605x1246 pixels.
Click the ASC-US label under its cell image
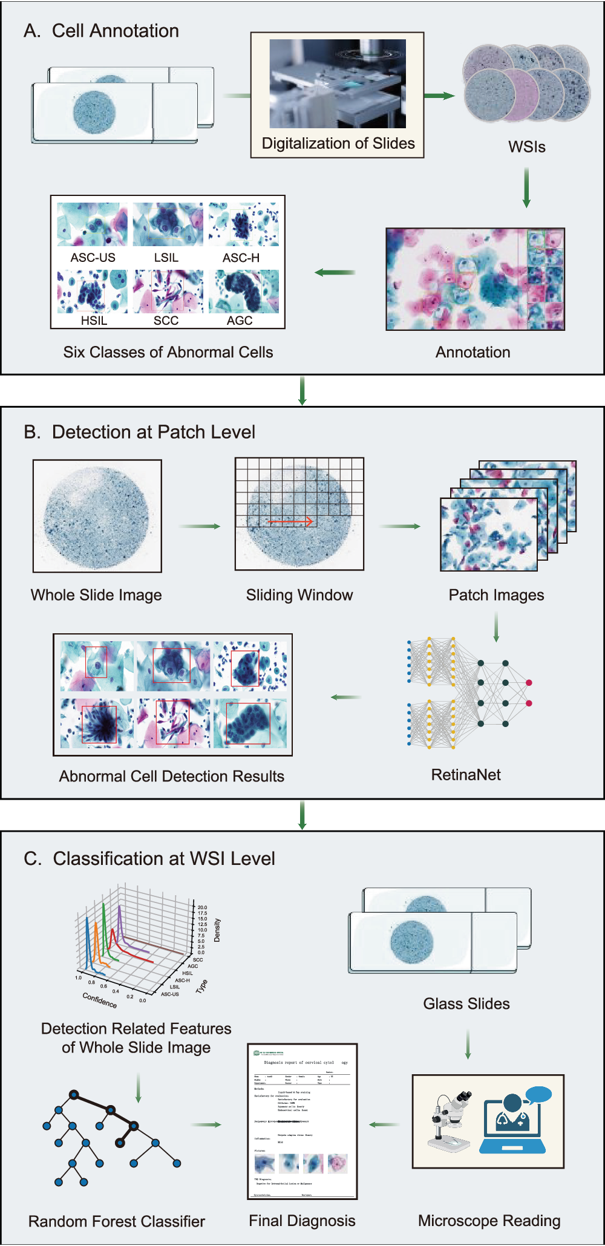pos(93,258)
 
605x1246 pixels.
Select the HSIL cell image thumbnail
pos(93,291)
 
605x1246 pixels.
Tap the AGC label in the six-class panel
pos(240,321)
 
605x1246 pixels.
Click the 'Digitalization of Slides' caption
pos(338,143)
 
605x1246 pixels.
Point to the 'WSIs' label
pos(527,147)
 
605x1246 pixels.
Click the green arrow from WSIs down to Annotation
pos(526,187)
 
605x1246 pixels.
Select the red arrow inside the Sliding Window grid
pos(290,521)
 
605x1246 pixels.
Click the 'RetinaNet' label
pos(466,775)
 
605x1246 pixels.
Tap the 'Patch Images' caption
pos(496,595)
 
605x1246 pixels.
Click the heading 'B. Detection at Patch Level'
pos(139,432)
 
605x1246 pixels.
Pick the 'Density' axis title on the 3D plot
pos(217,930)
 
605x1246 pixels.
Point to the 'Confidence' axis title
pos(100,1000)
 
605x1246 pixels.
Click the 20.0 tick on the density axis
pos(202,908)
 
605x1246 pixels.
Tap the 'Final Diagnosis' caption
pos(302,1221)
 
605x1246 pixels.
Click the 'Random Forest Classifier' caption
pos(117,1221)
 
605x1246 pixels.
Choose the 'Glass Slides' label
pos(466,1004)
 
